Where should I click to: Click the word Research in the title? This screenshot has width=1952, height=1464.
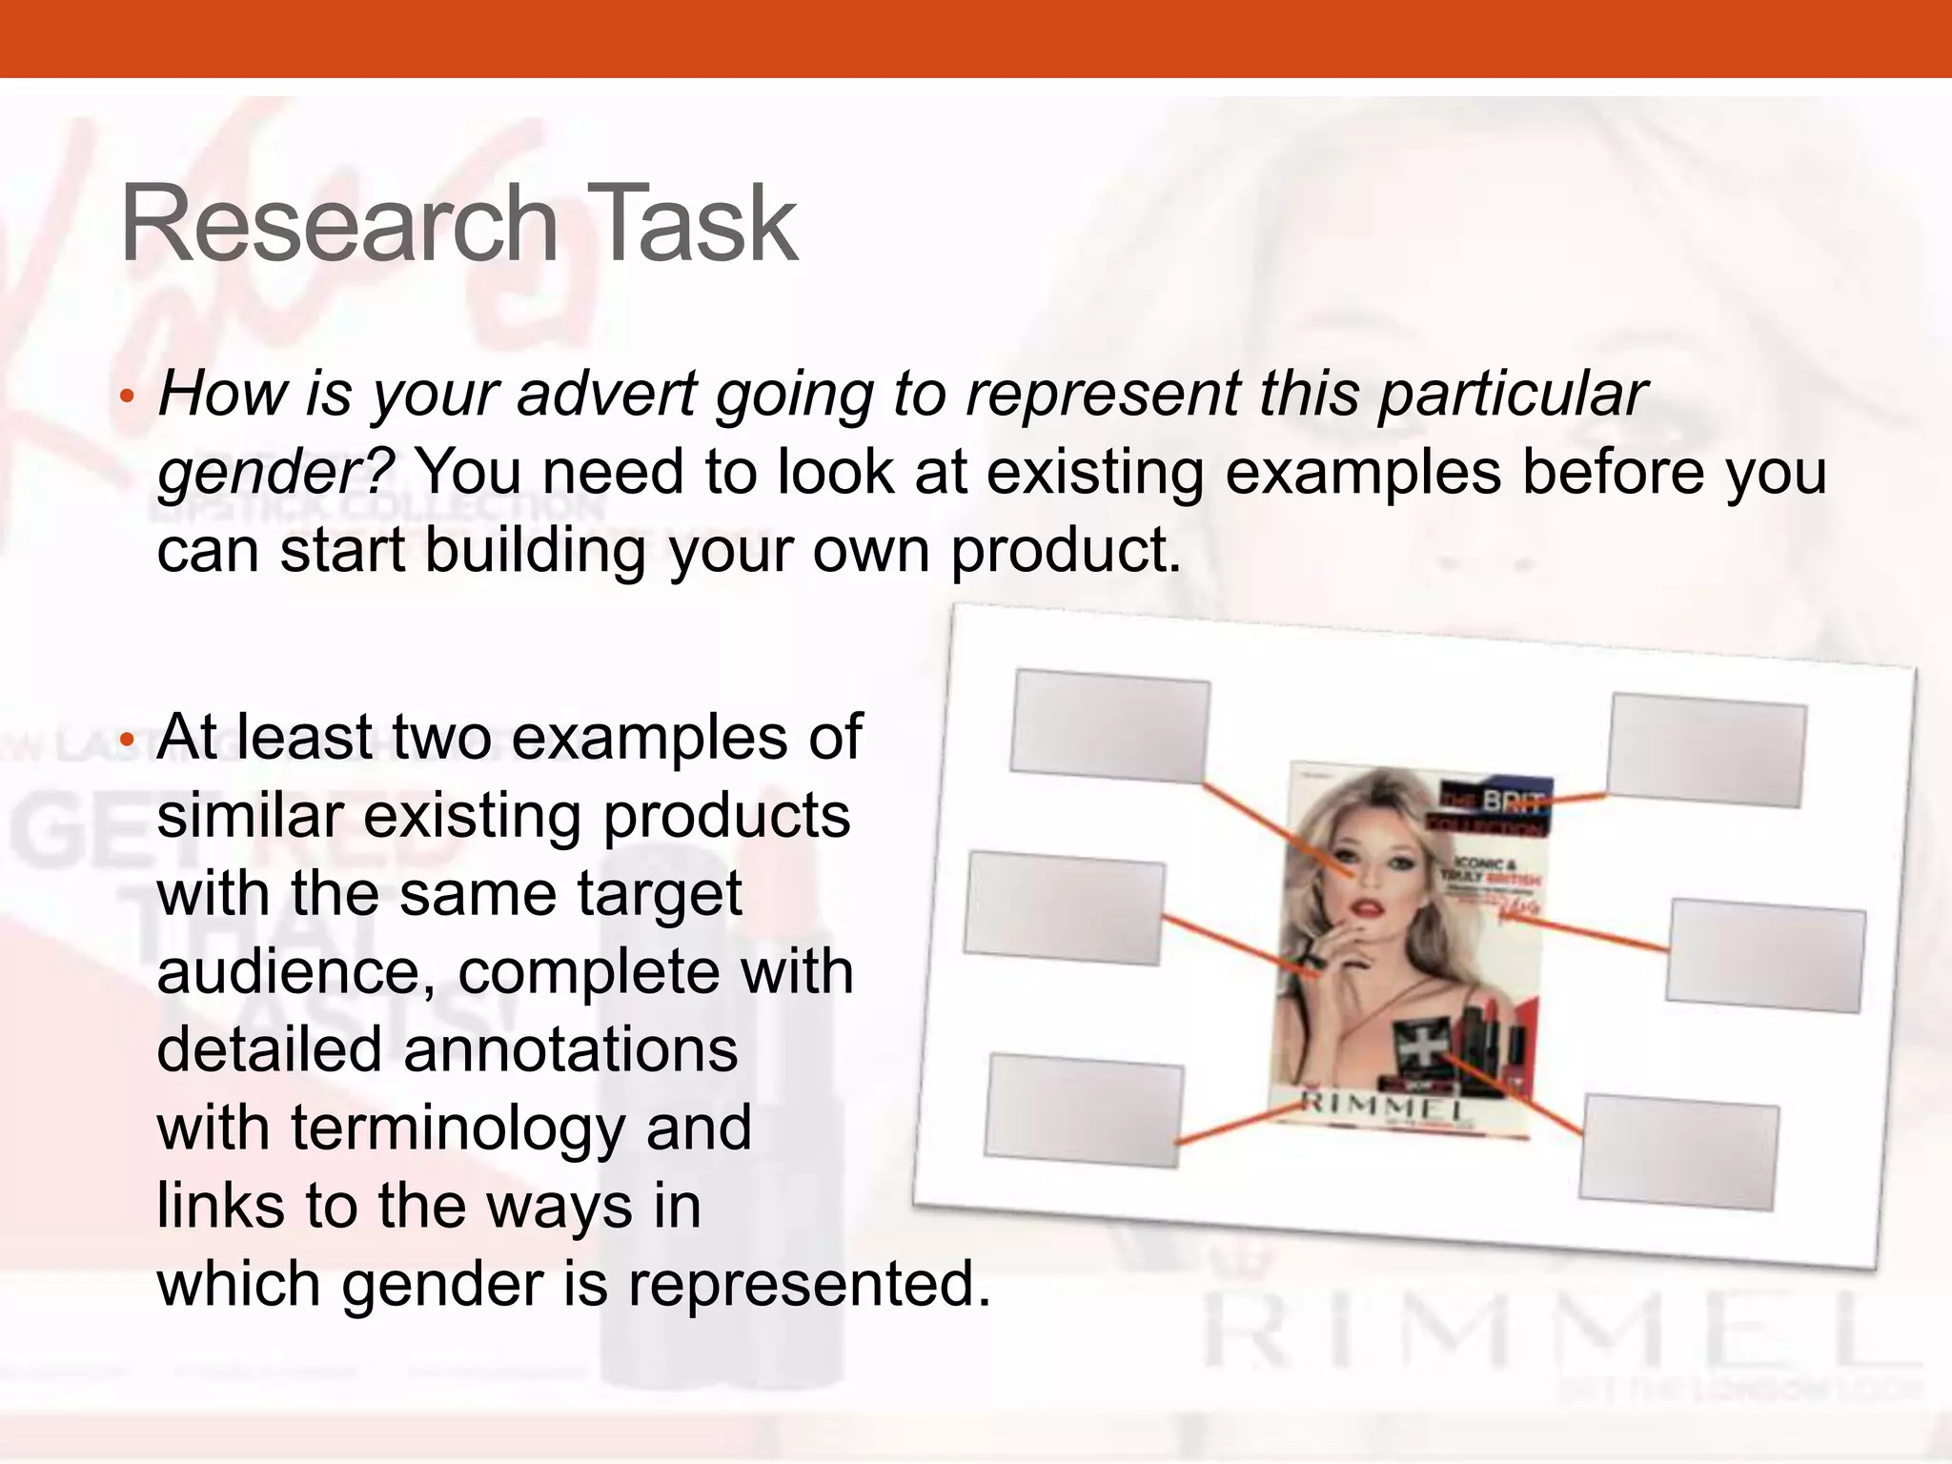click(338, 225)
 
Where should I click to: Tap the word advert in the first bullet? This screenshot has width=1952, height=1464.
click(606, 394)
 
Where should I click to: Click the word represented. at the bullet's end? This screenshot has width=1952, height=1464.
click(809, 1284)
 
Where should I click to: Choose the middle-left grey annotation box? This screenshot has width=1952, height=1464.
click(1064, 909)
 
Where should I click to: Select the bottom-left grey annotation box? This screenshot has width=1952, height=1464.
click(1084, 1110)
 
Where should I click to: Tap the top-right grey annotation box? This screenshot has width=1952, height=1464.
click(1706, 750)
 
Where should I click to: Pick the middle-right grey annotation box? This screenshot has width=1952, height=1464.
click(1766, 956)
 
